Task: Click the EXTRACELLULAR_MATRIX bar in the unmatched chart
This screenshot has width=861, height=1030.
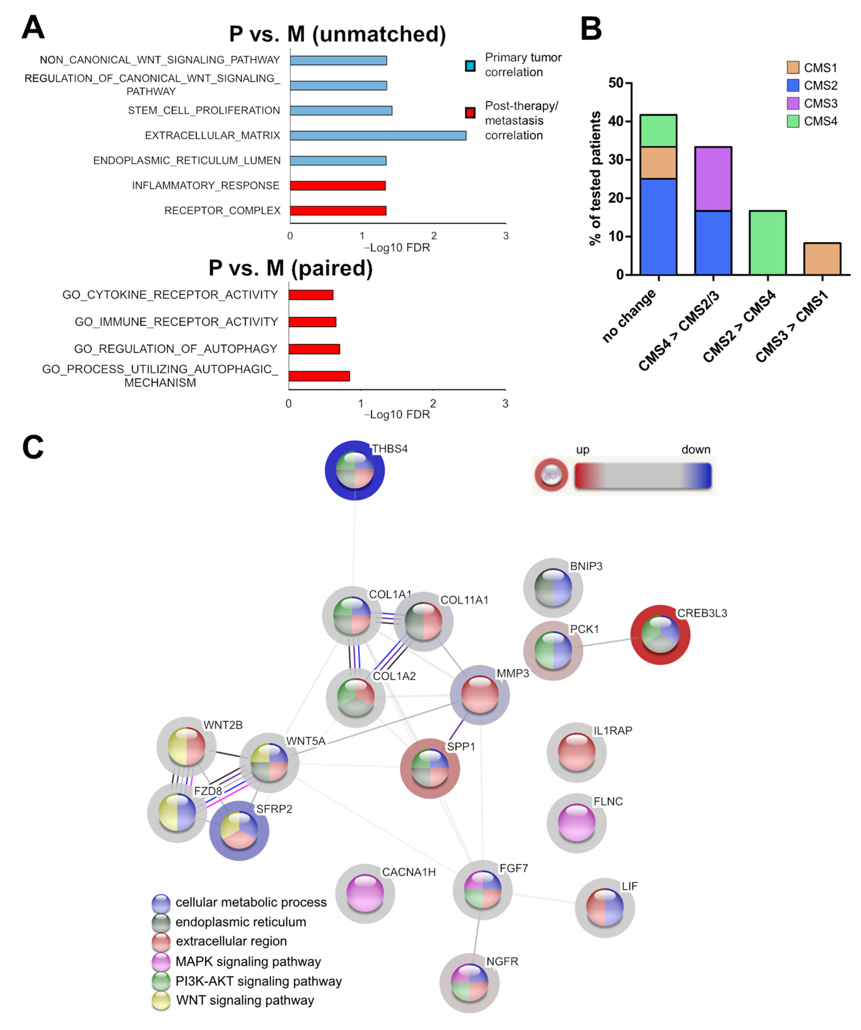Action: tap(378, 135)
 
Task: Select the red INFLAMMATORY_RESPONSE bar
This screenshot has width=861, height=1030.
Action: tap(337, 185)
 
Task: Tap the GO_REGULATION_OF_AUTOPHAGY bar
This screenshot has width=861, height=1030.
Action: tap(314, 349)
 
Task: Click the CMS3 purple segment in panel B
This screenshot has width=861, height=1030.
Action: tap(713, 178)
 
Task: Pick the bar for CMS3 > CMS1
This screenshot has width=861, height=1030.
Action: tap(822, 259)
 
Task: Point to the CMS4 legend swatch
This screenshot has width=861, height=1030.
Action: tap(792, 121)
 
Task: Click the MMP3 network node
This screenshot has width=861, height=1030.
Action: tap(480, 695)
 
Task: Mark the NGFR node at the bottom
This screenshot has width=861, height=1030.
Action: tap(470, 983)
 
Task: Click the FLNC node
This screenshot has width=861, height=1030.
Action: tap(576, 822)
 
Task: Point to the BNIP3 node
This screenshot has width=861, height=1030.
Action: tap(553, 587)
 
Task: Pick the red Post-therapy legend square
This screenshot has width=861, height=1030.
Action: tap(470, 113)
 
